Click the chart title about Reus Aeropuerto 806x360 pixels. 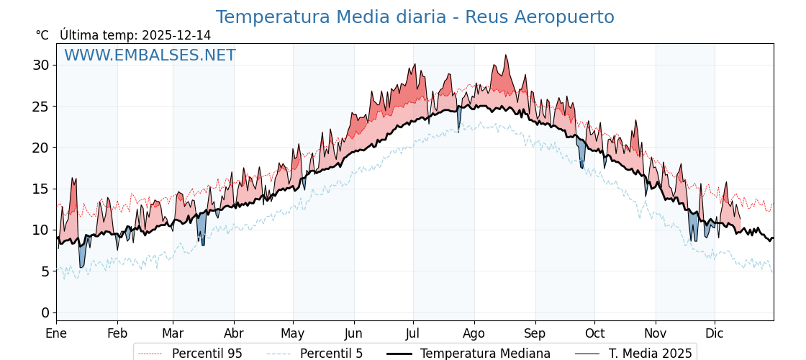[415, 17]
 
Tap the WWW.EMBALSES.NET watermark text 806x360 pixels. [150, 55]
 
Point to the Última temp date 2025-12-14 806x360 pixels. [176, 35]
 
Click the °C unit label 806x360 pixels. [42, 35]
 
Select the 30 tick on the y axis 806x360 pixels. [41, 65]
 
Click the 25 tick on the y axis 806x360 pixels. [41, 107]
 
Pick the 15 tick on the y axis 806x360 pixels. [41, 189]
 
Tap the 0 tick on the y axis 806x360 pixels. [45, 312]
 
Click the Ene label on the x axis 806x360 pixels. [56, 333]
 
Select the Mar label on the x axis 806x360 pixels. [173, 333]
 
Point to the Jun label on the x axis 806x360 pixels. [353, 333]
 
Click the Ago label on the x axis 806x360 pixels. [474, 333]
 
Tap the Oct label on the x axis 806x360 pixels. [594, 333]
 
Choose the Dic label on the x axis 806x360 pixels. [715, 333]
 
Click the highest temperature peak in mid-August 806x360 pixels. [506, 55]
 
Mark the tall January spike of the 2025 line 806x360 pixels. [73, 179]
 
